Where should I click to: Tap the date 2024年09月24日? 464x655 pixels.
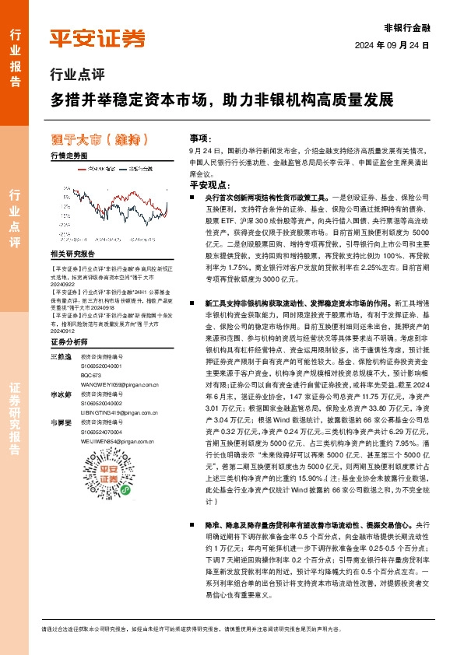(x=398, y=45)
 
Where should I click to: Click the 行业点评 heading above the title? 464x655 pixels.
(x=76, y=76)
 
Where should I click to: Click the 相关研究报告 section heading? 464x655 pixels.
(x=73, y=254)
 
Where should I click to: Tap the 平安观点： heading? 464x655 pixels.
(x=208, y=185)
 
